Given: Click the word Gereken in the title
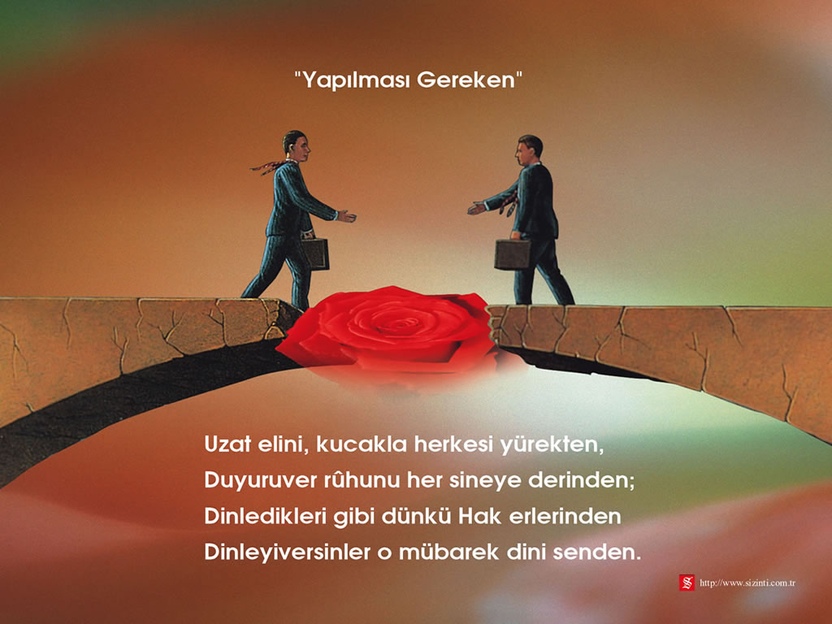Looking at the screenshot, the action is [x=466, y=80].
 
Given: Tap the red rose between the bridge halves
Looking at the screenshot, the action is [x=388, y=329].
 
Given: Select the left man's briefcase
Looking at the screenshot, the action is [x=316, y=253].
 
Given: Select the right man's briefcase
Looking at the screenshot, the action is [x=513, y=254].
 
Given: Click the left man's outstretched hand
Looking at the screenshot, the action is [x=346, y=216].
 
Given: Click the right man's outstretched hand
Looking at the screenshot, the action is [x=476, y=207].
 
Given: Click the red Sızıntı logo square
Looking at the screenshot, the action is [x=687, y=582].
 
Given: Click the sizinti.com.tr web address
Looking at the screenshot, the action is [x=747, y=583].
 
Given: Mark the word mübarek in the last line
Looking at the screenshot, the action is [x=448, y=552].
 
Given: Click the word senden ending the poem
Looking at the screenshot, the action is [x=596, y=552].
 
